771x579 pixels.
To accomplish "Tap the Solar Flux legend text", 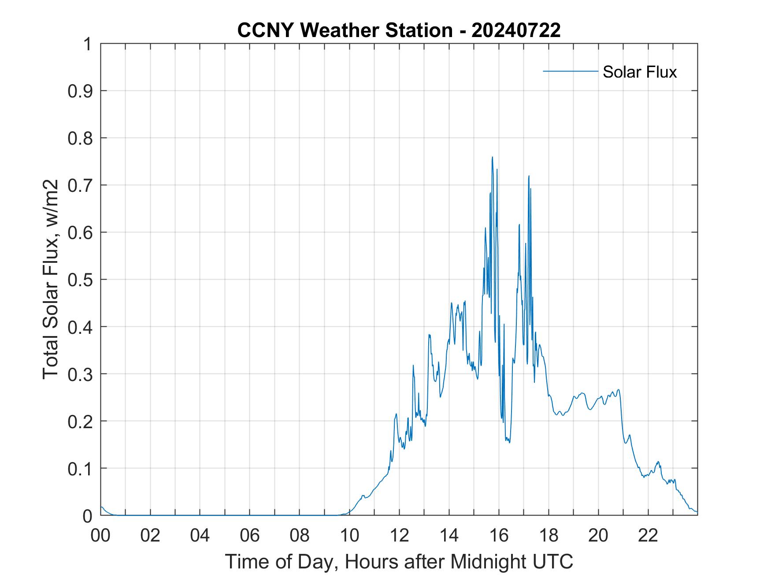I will pyautogui.click(x=639, y=72).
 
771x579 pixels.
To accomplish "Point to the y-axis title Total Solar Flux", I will pyautogui.click(x=51, y=279).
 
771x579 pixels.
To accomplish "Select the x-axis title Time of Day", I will pyautogui.click(x=399, y=561).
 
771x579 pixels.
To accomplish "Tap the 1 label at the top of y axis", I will pyautogui.click(x=88, y=44).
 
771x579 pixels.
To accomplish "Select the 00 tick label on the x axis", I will pyautogui.click(x=100, y=535).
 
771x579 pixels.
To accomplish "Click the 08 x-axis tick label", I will pyautogui.click(x=300, y=535).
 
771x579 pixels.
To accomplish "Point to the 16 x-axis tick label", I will pyautogui.click(x=499, y=535).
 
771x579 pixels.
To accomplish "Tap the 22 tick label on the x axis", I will pyautogui.click(x=648, y=535).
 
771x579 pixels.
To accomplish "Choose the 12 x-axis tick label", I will pyautogui.click(x=399, y=535).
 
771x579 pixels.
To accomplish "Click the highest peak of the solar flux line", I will pyautogui.click(x=492, y=157).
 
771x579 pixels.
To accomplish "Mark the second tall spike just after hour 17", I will pyautogui.click(x=529, y=176).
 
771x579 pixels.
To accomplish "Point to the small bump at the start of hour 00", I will pyautogui.click(x=102, y=507).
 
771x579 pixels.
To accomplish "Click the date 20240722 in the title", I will pyautogui.click(x=516, y=30).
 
